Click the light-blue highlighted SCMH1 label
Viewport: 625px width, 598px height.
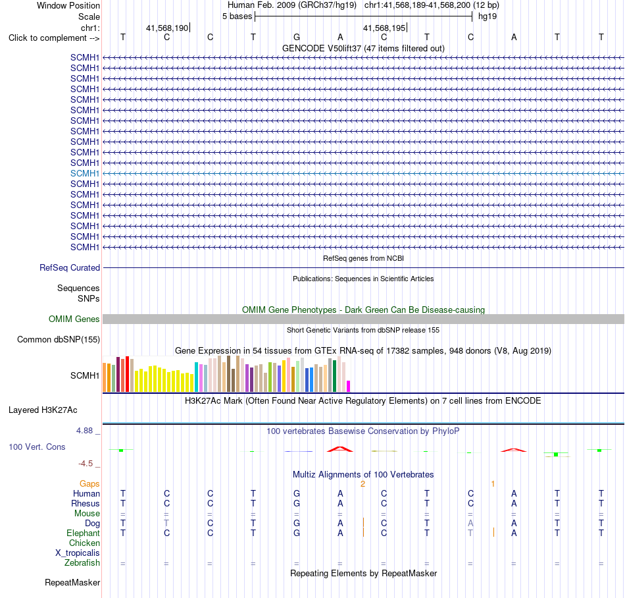[x=84, y=173]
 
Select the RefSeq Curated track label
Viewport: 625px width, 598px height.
[x=70, y=267]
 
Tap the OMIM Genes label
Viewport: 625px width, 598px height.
[x=74, y=319]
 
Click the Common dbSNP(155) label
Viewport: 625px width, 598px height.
[x=59, y=339]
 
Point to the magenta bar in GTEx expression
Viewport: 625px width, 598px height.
[x=349, y=386]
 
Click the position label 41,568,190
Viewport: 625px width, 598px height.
[x=167, y=28]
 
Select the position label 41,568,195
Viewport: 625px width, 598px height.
[x=384, y=28]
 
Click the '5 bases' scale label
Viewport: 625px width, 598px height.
[x=237, y=16]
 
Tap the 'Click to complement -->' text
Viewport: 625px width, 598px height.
[x=54, y=38]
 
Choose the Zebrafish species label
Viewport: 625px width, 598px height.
[x=82, y=563]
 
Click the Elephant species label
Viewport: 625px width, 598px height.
[x=84, y=533]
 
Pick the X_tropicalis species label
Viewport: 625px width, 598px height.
[x=78, y=553]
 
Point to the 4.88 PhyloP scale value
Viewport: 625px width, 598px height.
[x=84, y=431]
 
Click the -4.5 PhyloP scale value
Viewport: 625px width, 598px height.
[x=86, y=464]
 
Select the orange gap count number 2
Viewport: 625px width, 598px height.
[x=362, y=484]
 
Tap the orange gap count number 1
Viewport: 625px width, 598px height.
[x=493, y=484]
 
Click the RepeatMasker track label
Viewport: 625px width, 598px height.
[x=72, y=582]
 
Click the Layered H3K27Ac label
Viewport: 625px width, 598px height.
[x=43, y=410]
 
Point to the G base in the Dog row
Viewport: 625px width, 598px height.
[x=297, y=524]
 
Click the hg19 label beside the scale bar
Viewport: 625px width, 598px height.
[x=488, y=16]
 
